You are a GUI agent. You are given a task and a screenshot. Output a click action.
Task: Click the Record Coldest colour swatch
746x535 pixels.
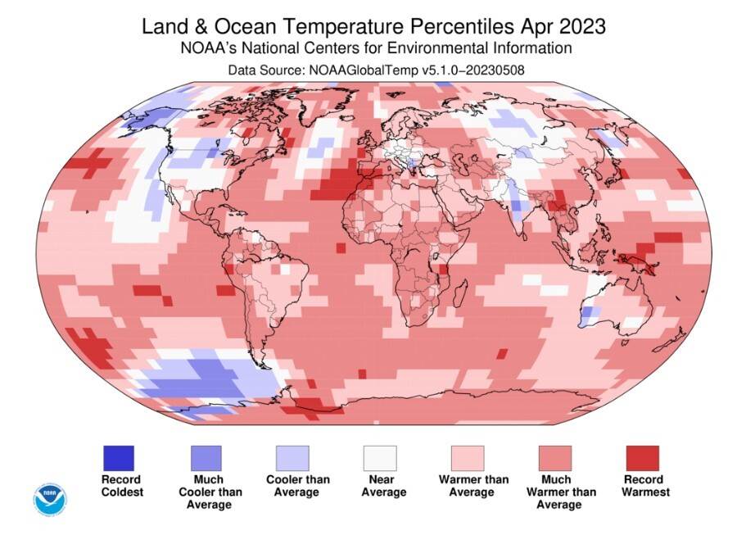pyautogui.click(x=118, y=457)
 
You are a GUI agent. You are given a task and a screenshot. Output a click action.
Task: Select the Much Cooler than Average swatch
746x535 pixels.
pyautogui.click(x=206, y=457)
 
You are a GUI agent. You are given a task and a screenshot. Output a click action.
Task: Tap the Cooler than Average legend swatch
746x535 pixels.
pyautogui.click(x=292, y=457)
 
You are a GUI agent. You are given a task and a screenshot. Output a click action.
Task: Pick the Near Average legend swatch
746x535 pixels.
pyautogui.click(x=380, y=457)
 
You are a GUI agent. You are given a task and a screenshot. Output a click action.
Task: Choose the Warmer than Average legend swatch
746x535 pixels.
pyautogui.click(x=467, y=457)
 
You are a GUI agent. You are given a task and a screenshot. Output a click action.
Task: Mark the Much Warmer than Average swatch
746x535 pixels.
pyautogui.click(x=554, y=457)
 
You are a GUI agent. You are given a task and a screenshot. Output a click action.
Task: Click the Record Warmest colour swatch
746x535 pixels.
pyautogui.click(x=642, y=457)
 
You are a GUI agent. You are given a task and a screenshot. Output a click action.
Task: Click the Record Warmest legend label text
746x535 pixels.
pyautogui.click(x=645, y=486)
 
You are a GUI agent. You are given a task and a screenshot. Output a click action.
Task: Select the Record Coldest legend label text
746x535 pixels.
pyautogui.click(x=121, y=486)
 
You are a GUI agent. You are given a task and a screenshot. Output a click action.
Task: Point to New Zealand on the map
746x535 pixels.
pyautogui.click(x=676, y=340)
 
